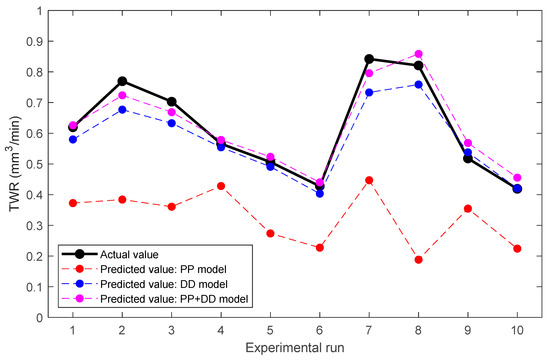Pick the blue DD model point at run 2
point(122,109)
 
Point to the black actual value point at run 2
point(122,81)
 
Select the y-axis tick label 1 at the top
point(43,11)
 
